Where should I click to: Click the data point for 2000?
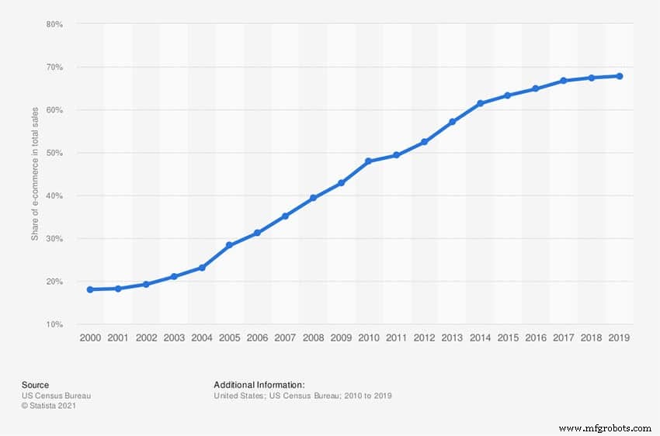tap(90, 289)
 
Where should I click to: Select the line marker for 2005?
tap(229, 245)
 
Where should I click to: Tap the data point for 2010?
tap(368, 161)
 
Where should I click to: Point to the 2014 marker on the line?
tap(480, 103)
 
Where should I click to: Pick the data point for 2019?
tap(619, 76)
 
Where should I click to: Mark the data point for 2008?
tap(313, 198)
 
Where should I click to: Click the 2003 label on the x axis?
tap(173, 338)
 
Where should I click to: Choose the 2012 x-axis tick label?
tap(424, 338)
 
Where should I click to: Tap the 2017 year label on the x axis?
tap(563, 338)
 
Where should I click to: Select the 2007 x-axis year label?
tap(285, 338)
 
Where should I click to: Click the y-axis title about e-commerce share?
tap(35, 175)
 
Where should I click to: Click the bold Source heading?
tap(35, 385)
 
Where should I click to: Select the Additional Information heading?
tap(259, 385)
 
